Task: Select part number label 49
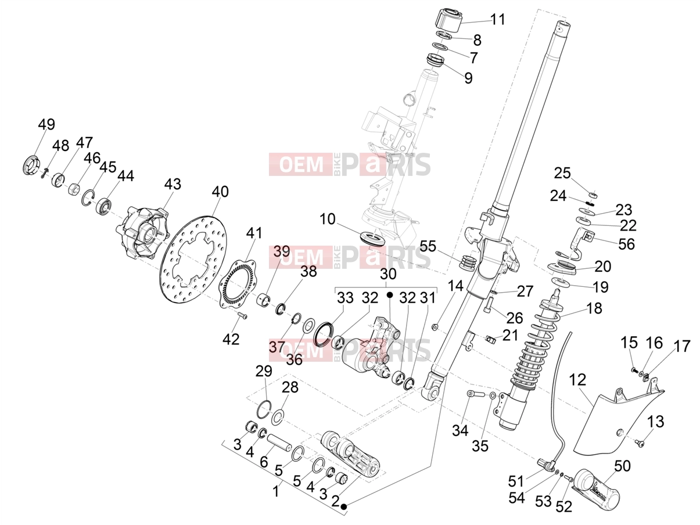[x=46, y=124]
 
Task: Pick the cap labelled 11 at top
[x=448, y=21]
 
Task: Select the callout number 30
[x=388, y=274]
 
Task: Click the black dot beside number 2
[x=343, y=506]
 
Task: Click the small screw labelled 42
[x=243, y=316]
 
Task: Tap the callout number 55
[x=428, y=246]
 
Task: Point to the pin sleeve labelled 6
[x=279, y=442]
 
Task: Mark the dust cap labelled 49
[x=32, y=165]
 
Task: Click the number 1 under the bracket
[x=276, y=491]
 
